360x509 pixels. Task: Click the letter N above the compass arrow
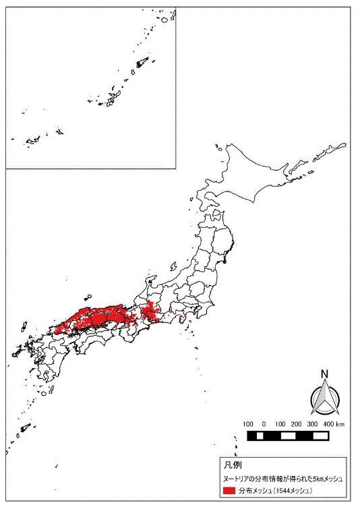click(x=324, y=375)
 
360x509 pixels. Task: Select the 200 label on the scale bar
click(x=296, y=424)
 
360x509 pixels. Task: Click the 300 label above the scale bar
click(x=312, y=424)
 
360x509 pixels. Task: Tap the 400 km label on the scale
click(x=332, y=424)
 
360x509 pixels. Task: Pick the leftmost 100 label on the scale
click(x=247, y=424)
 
